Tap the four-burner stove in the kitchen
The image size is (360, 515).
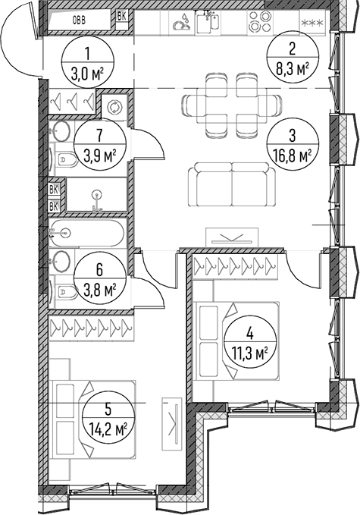pos(259,21)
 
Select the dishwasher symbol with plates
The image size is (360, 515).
pos(181,22)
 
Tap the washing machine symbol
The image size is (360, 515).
pos(114,107)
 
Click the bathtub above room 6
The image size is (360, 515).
pos(88,233)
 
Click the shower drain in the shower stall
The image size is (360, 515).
pos(96,194)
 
